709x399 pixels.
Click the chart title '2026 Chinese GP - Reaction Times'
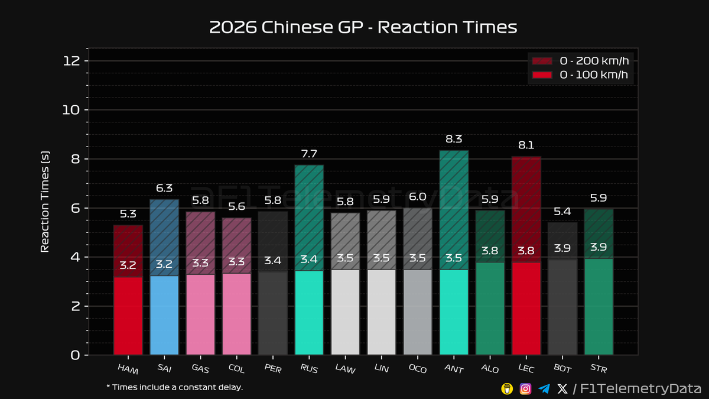pyautogui.click(x=363, y=27)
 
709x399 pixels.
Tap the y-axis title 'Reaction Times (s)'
pyautogui.click(x=44, y=201)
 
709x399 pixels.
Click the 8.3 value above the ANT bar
pyautogui.click(x=454, y=140)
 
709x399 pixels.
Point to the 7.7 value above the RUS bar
pyautogui.click(x=309, y=154)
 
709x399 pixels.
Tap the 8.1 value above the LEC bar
pyautogui.click(x=526, y=145)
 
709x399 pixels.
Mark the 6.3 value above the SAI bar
pyautogui.click(x=164, y=189)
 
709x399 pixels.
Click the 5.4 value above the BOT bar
pyautogui.click(x=562, y=210)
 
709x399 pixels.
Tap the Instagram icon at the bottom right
pyautogui.click(x=525, y=388)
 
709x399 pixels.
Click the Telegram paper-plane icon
pyautogui.click(x=544, y=388)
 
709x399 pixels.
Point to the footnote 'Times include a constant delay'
pyautogui.click(x=174, y=387)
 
